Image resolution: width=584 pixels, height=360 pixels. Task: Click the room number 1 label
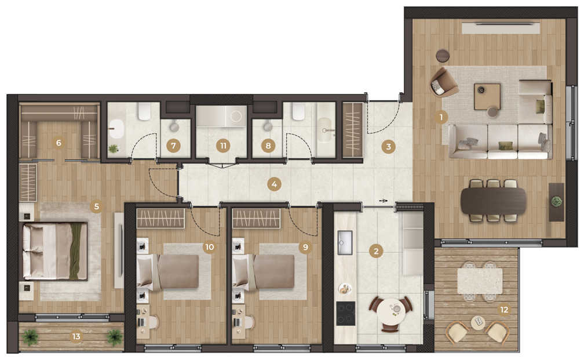click(441, 117)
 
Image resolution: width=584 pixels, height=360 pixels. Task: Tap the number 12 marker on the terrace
click(504, 310)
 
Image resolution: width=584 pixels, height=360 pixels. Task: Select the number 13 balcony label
click(76, 336)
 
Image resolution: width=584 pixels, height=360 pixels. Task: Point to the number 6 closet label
click(59, 143)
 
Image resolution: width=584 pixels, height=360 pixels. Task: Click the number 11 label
click(223, 146)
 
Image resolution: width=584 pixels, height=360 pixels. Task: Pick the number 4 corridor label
click(274, 184)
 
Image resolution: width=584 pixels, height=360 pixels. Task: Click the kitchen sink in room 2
click(345, 242)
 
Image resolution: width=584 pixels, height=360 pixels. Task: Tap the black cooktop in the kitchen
click(346, 314)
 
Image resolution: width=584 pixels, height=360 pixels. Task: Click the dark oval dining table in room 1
click(494, 201)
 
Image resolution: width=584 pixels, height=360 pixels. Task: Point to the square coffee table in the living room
click(487, 97)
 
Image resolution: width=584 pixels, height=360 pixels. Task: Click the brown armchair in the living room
click(444, 82)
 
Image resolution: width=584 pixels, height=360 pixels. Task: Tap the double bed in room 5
click(55, 251)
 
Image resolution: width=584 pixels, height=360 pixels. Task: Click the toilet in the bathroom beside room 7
click(144, 111)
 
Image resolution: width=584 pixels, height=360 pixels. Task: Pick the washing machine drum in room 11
click(236, 117)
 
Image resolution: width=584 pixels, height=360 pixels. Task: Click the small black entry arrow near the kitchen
click(384, 201)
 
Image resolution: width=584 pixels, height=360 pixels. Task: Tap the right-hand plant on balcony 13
click(114, 337)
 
